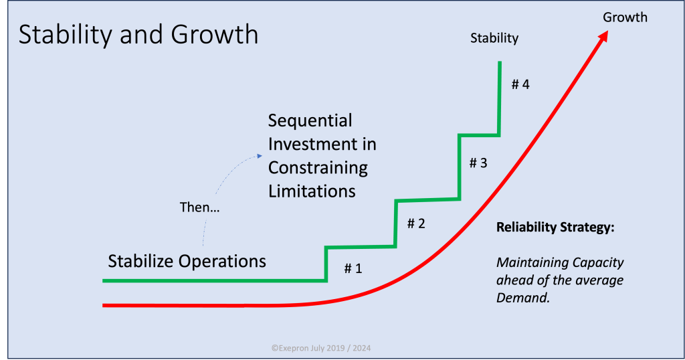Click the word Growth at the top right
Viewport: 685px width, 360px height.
[x=625, y=17]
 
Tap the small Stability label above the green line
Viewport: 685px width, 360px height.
[x=494, y=38]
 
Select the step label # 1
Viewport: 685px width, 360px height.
[x=353, y=268]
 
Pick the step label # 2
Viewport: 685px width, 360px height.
[x=416, y=223]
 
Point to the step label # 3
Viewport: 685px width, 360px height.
[x=478, y=163]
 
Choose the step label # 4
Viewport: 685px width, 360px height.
[x=520, y=84]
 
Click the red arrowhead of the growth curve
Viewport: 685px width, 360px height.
[x=603, y=36]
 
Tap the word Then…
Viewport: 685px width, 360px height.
[x=199, y=207]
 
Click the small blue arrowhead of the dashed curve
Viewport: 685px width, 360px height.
[x=260, y=156]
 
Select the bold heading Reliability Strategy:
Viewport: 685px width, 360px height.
[x=555, y=228]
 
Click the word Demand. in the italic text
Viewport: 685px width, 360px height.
[x=523, y=298]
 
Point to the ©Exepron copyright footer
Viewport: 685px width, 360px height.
[x=321, y=348]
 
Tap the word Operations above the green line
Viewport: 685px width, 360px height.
[x=222, y=262]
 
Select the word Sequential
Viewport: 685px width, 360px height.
[x=310, y=120]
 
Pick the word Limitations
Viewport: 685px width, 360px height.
[x=312, y=191]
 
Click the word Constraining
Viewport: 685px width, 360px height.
[x=318, y=168]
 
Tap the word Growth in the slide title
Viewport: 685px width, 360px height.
[x=215, y=34]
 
